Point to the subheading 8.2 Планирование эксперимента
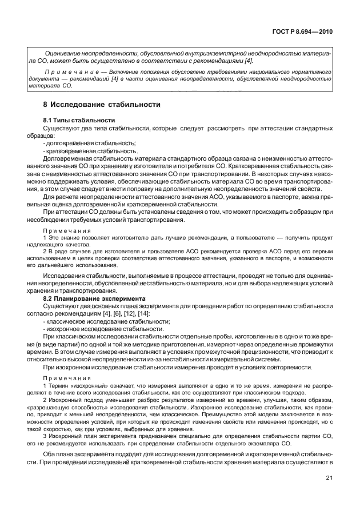point(92,298)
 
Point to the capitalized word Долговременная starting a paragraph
point(69,158)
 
